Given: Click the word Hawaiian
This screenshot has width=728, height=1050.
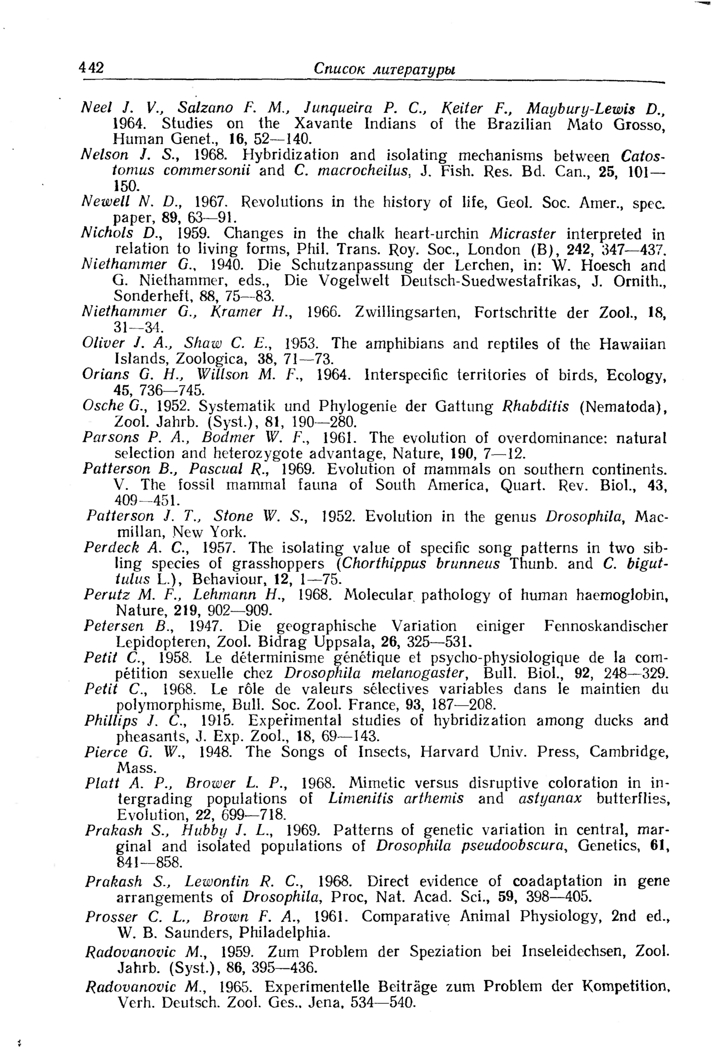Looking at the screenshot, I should pyautogui.click(x=631, y=344).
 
